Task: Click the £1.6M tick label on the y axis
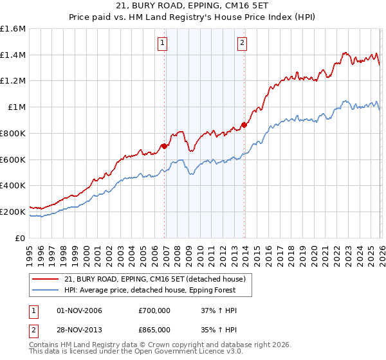pos(13,29)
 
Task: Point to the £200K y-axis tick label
pos(13,212)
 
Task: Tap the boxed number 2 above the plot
pos(242,44)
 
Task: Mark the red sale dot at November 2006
pos(164,147)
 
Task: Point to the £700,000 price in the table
pos(154,311)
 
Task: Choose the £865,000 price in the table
pos(154,329)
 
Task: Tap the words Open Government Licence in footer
pos(185,353)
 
